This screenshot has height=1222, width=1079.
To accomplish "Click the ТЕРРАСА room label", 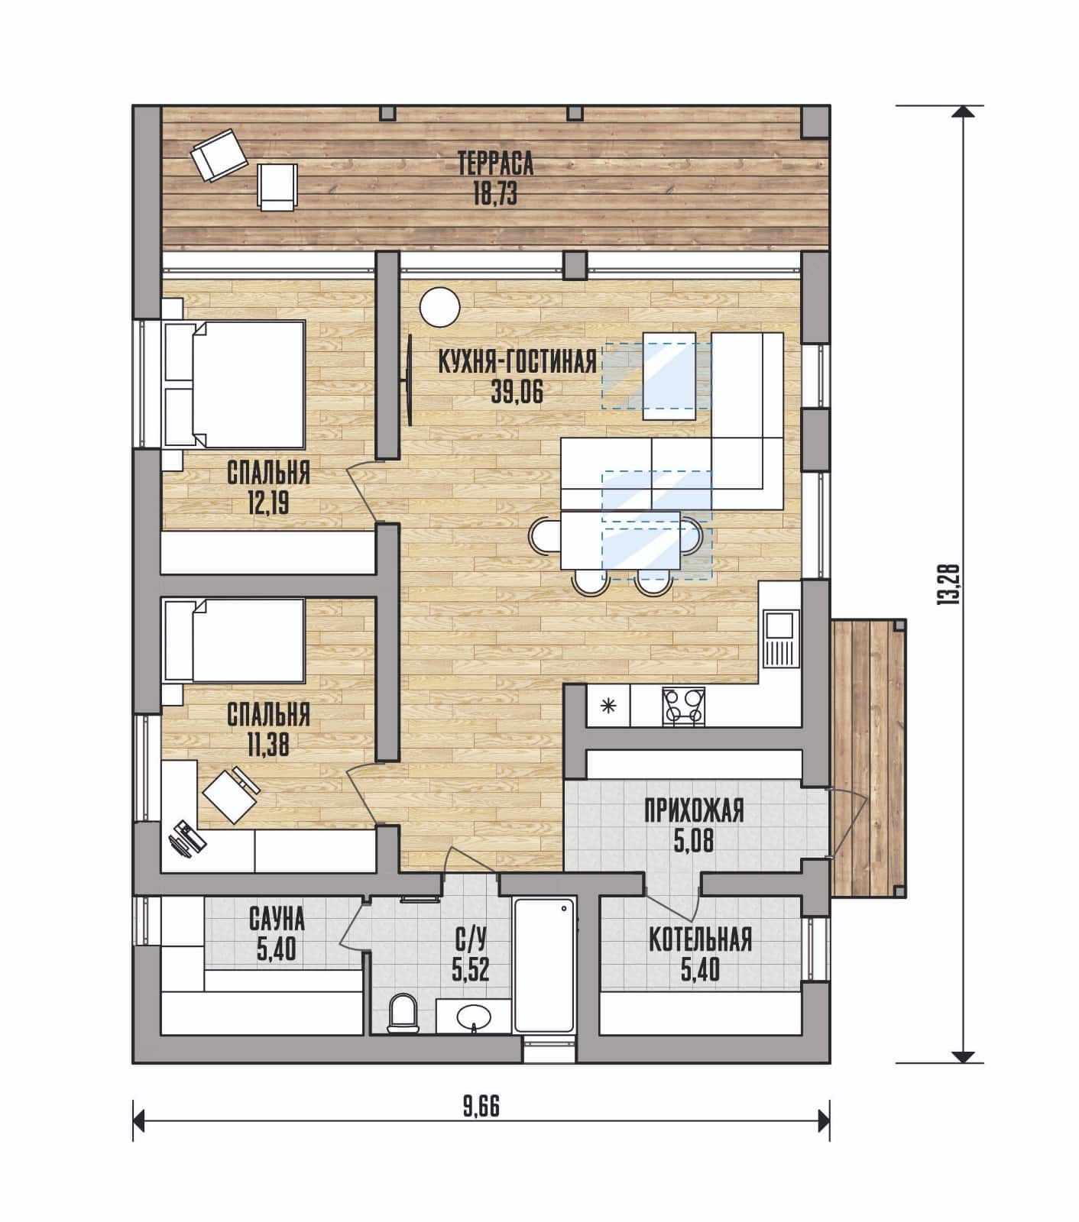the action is (x=495, y=164).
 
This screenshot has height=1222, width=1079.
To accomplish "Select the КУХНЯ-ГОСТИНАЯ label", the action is (x=517, y=361).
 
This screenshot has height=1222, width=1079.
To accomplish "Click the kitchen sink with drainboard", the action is (x=779, y=638).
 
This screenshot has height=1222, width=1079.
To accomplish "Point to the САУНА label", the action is (x=277, y=920).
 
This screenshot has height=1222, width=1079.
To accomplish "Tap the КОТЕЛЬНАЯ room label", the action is (x=700, y=940).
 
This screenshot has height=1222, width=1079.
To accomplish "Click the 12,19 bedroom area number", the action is (x=268, y=503).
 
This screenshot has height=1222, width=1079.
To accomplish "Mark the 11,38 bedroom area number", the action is (x=268, y=745).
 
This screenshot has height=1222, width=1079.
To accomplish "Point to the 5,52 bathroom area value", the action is (x=470, y=971).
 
